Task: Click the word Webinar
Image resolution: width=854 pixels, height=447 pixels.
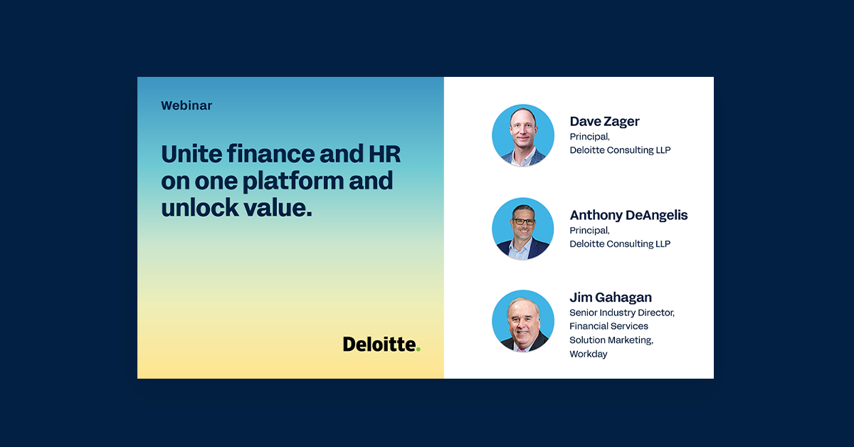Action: pyautogui.click(x=186, y=105)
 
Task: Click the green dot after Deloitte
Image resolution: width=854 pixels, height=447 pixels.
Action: pyautogui.click(x=418, y=349)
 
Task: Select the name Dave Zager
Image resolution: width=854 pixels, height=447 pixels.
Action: pyautogui.click(x=604, y=121)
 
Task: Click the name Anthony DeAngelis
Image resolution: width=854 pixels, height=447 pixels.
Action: pyautogui.click(x=628, y=215)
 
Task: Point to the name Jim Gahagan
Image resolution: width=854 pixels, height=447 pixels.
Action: pyautogui.click(x=611, y=297)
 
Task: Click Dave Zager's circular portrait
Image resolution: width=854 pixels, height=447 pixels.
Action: pyautogui.click(x=523, y=135)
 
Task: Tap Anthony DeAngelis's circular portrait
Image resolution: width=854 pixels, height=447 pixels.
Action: pyautogui.click(x=523, y=228)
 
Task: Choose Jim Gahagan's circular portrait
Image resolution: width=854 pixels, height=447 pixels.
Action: pyautogui.click(x=523, y=321)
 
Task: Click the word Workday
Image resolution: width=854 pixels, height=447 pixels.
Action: pyautogui.click(x=588, y=354)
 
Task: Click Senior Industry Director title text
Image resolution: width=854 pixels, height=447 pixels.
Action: pyautogui.click(x=621, y=312)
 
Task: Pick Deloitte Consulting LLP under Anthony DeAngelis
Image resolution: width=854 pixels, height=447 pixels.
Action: pyautogui.click(x=620, y=243)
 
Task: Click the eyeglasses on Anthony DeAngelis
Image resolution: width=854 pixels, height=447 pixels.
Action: pyautogui.click(x=523, y=221)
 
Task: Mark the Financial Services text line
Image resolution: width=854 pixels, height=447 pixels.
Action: pyautogui.click(x=608, y=326)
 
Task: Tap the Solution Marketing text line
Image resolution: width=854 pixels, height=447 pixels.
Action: pyautogui.click(x=611, y=340)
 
